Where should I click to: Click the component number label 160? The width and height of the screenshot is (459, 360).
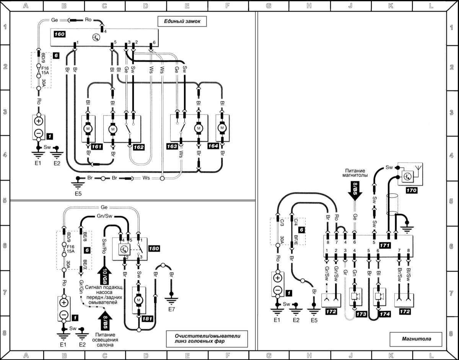tap(59, 34)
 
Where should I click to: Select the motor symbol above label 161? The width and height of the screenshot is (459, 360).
tap(88, 129)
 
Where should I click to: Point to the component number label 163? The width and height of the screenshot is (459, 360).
tap(172, 146)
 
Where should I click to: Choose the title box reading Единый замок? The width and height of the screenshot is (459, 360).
tap(182, 22)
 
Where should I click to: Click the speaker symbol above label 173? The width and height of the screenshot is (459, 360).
tap(355, 297)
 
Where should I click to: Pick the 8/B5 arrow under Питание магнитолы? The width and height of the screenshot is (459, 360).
tap(355, 189)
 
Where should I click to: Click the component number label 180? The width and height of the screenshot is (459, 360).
tap(153, 248)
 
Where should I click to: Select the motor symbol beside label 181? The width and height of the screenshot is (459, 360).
tap(138, 300)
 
